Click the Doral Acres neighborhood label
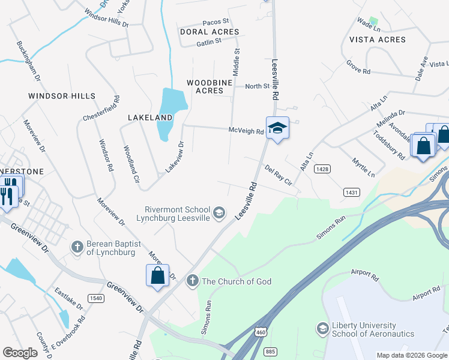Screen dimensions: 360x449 209,32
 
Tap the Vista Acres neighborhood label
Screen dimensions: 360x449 378,40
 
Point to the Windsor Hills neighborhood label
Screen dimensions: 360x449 62,96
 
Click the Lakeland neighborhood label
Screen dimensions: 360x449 150,118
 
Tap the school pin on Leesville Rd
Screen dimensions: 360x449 277,128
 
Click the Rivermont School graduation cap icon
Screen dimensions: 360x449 220,211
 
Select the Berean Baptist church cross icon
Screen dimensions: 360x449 77,246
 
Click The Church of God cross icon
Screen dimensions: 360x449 192,281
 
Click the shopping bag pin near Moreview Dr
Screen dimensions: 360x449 157,276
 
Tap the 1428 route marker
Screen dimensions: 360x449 322,170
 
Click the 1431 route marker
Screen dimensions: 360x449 351,192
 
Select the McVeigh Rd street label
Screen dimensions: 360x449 246,131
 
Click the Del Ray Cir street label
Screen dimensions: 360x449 278,174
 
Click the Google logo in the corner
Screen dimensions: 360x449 20,353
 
